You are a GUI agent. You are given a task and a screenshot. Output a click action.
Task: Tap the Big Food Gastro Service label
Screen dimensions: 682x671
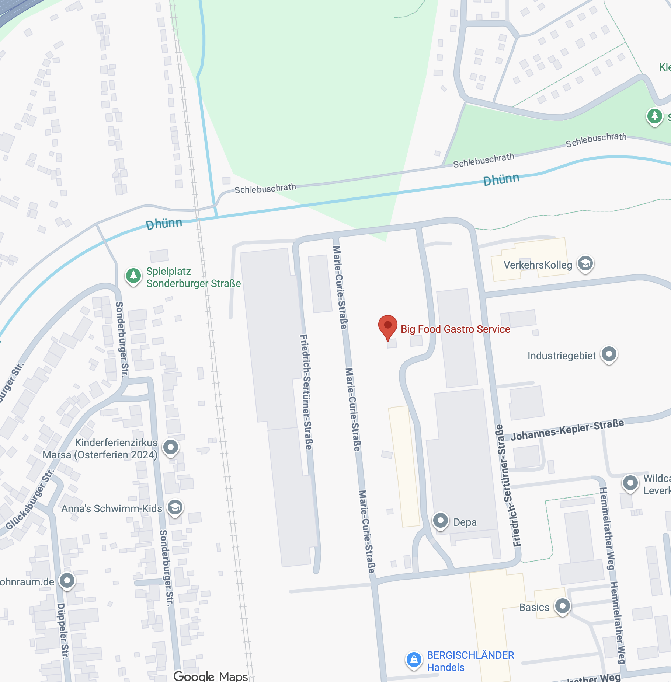pos(455,329)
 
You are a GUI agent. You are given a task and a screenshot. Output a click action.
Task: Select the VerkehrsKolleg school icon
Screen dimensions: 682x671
pos(585,263)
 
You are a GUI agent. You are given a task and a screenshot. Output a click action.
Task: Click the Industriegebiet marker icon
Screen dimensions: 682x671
pos(609,354)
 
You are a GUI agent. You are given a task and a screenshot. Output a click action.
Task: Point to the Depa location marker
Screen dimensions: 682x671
pos(441,521)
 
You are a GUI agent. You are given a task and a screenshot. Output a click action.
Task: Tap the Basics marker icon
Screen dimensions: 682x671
pos(563,606)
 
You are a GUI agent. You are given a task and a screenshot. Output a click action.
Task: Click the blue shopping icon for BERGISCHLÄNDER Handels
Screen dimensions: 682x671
pos(414,660)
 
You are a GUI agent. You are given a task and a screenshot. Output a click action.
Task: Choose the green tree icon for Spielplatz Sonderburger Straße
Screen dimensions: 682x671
pos(133,276)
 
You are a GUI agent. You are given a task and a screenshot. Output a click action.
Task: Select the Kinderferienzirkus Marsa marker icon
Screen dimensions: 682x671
pos(171,447)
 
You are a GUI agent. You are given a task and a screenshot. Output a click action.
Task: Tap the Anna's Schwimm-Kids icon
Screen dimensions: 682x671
pos(175,508)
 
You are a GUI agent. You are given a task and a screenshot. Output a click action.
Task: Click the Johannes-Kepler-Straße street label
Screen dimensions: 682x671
pos(567,430)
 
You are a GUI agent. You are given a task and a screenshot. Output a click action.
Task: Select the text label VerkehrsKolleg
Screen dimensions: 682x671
pos(538,265)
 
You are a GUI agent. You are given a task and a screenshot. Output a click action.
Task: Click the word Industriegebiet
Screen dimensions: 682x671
pos(561,356)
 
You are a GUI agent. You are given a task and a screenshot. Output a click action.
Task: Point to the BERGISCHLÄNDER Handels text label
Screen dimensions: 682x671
pos(470,661)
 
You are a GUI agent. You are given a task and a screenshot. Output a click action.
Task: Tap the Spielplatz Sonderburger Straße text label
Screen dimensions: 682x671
pos(193,277)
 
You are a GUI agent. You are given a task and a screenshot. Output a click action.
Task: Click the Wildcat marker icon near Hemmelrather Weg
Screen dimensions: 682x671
pos(630,483)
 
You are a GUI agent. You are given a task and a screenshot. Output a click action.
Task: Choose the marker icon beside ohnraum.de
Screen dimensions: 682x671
pos(67,581)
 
